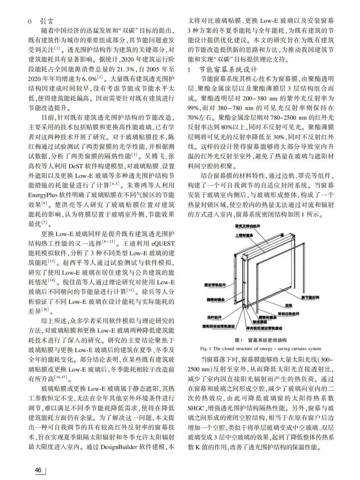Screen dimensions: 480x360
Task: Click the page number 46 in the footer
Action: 38,470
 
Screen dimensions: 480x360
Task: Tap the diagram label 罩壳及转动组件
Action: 248,226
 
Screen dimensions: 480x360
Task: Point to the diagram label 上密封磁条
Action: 244,235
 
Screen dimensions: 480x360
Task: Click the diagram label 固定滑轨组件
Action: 215,285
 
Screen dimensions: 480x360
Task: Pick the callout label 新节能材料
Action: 310,297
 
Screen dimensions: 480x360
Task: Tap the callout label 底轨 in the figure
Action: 289,306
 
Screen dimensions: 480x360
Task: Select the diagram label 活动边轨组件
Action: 288,314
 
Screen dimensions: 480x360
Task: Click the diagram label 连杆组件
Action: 214,317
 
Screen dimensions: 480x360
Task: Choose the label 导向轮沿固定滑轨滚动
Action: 264,328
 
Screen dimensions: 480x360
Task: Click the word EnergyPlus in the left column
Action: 45,195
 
